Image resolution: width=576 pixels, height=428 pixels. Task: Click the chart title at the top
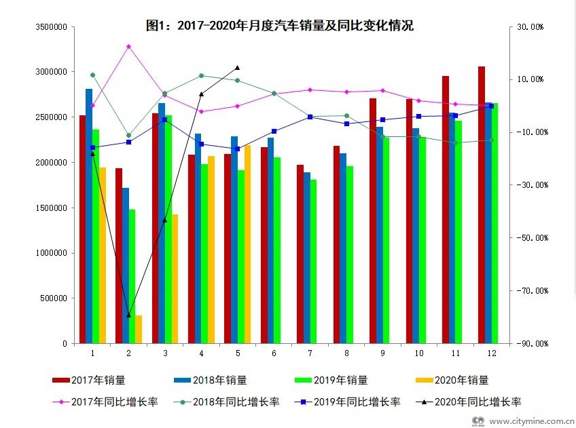[280, 26]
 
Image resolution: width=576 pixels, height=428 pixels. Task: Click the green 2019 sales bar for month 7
[313, 261]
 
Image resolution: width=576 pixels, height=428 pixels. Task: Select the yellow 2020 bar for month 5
[247, 244]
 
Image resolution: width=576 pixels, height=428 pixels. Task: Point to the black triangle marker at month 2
[128, 315]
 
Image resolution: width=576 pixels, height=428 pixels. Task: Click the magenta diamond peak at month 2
[128, 46]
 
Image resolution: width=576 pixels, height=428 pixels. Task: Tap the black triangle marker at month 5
[237, 68]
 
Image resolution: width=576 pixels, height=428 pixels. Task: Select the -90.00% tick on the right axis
[531, 344]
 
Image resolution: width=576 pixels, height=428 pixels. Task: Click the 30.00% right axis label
[533, 26]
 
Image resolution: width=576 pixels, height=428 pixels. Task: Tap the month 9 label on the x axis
[382, 353]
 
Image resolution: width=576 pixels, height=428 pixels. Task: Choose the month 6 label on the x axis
[274, 353]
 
